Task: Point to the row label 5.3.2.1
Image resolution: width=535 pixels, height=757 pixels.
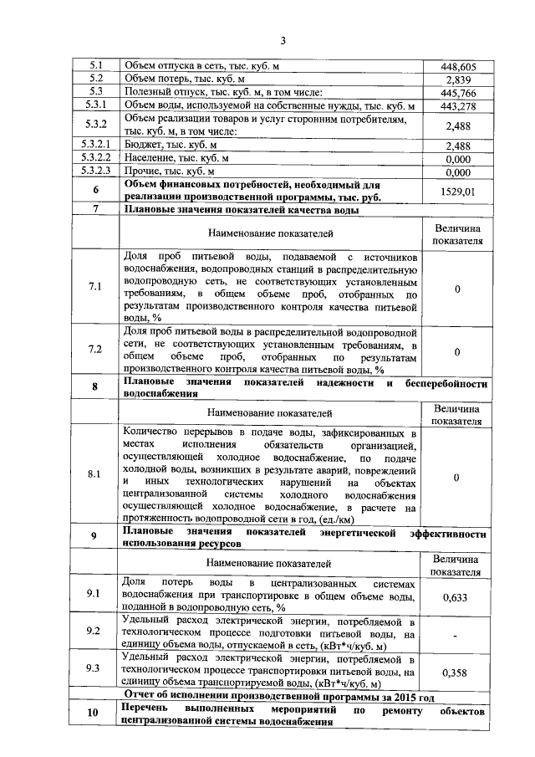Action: pos(96,146)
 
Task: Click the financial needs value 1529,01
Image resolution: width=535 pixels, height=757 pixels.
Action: pos(456,192)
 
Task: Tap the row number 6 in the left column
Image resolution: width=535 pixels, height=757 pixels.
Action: pos(96,191)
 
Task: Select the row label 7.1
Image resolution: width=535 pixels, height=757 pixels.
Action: pos(95,288)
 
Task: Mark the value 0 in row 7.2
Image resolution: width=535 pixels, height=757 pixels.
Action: pos(456,352)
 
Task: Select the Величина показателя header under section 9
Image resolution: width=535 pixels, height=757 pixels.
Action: pos(456,565)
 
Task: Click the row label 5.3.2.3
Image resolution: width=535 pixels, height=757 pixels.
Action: pos(96,172)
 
